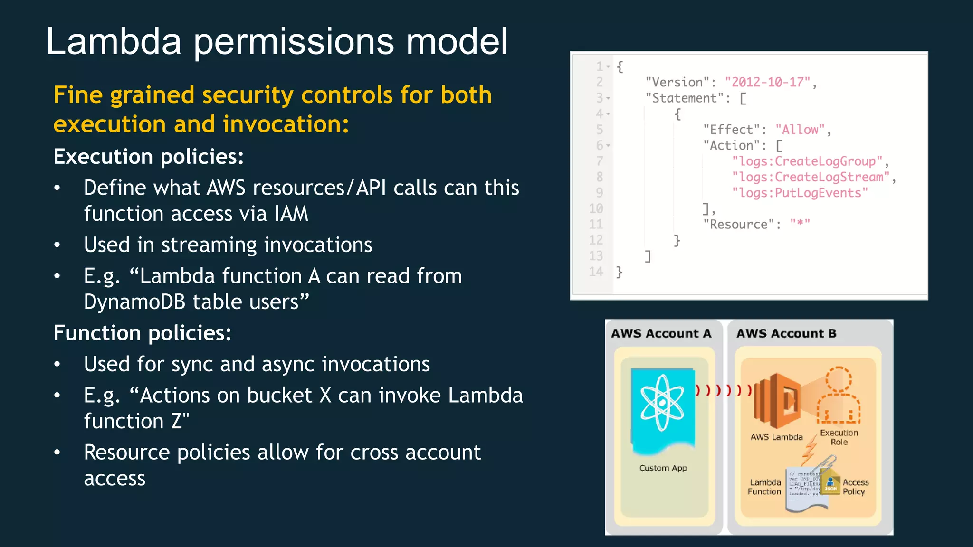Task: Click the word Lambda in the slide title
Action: click(114, 42)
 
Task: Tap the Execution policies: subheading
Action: click(148, 157)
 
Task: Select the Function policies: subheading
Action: click(142, 333)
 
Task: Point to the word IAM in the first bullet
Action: click(291, 214)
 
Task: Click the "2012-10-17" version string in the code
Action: click(768, 82)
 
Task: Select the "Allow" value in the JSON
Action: click(800, 130)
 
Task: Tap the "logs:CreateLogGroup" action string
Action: click(807, 161)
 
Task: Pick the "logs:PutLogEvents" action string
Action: click(800, 193)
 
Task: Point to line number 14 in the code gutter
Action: click(596, 272)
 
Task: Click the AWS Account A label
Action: click(661, 333)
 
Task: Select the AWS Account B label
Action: click(786, 333)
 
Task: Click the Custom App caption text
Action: click(663, 468)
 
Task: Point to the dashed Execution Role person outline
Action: click(839, 396)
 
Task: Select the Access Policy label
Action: click(855, 487)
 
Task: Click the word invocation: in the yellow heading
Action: click(286, 124)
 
